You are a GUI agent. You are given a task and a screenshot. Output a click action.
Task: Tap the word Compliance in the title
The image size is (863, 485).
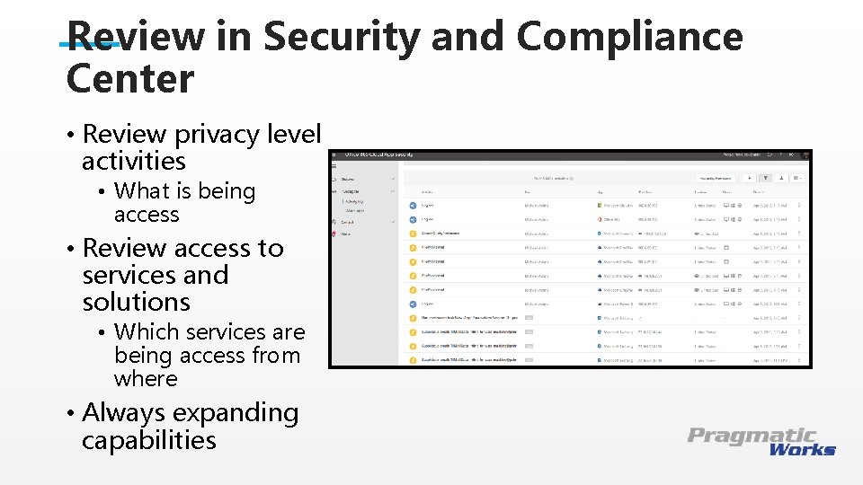(629, 38)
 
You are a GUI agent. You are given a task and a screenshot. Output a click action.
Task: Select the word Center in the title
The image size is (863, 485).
(130, 79)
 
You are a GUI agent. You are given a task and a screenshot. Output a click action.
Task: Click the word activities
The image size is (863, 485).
(134, 162)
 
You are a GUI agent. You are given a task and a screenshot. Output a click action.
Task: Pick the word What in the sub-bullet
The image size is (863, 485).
(142, 191)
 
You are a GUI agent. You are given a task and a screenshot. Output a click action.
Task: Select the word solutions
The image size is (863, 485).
(137, 302)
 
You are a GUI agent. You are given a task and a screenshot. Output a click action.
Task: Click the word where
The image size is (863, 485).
(146, 379)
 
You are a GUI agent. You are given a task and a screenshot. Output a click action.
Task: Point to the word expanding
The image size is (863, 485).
(236, 413)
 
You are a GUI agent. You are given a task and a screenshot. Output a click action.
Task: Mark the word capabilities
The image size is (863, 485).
(149, 440)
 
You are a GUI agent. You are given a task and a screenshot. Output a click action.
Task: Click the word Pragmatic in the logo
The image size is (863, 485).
(752, 436)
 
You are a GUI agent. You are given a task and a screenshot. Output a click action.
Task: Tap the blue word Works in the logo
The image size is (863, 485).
(802, 449)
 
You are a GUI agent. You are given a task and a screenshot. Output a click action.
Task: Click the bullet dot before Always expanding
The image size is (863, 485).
(70, 413)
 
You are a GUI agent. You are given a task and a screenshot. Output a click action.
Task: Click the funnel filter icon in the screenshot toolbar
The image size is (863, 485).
(765, 179)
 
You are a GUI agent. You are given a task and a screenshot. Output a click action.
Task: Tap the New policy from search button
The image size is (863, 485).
(716, 179)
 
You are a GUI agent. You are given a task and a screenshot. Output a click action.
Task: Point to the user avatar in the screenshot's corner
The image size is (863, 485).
(805, 155)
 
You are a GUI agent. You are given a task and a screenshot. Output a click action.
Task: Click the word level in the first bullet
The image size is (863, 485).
(294, 135)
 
